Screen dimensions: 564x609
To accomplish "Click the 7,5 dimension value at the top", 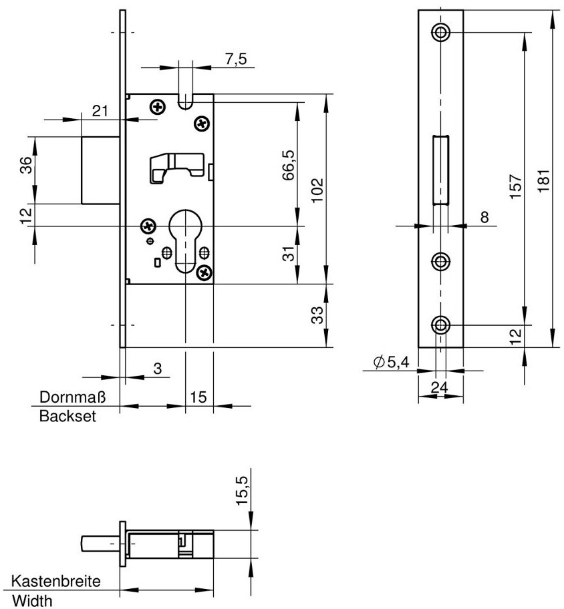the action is (x=236, y=59).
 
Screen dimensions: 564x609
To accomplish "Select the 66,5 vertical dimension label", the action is (x=289, y=165).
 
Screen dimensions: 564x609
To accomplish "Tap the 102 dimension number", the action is (x=317, y=190).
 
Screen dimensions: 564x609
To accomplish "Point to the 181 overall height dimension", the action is (x=544, y=180).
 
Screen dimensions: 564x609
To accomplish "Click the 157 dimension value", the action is (x=515, y=187).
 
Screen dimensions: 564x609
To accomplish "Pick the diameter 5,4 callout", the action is (x=391, y=363).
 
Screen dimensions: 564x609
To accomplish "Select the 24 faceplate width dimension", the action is (x=440, y=387).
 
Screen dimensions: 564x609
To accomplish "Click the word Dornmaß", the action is (x=73, y=397).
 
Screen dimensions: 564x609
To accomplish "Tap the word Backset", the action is (x=67, y=417).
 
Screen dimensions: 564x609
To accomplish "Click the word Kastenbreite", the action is (x=56, y=582).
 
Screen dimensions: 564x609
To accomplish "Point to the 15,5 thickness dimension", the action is (x=242, y=491).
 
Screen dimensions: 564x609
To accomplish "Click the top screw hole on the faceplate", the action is (x=441, y=32).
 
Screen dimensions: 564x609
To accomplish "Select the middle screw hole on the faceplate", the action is (x=441, y=261).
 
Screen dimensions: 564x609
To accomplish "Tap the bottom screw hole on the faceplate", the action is (x=441, y=325).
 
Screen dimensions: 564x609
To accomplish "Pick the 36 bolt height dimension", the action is (x=25, y=166).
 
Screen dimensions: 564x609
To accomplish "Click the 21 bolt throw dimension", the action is (x=100, y=111).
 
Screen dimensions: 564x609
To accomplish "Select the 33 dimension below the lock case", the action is (x=317, y=315).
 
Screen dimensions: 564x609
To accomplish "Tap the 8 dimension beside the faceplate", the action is (x=484, y=217).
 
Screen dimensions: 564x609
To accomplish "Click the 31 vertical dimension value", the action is (x=289, y=254).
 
